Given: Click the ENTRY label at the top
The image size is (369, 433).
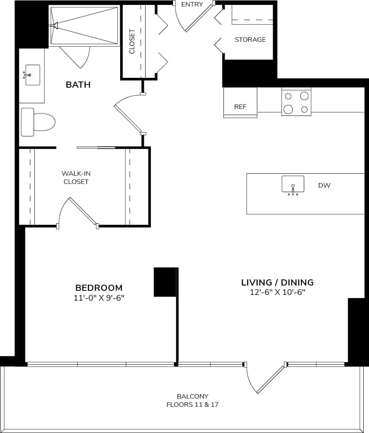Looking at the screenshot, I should pyautogui.click(x=192, y=5).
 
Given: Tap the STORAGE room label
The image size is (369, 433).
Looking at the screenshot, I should pyautogui.click(x=250, y=40).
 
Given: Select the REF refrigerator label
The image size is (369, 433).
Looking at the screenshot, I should pyautogui.click(x=240, y=107).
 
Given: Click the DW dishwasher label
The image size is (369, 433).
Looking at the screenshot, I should pyautogui.click(x=324, y=186).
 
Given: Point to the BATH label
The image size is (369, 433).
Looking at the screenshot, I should pyautogui.click(x=78, y=85).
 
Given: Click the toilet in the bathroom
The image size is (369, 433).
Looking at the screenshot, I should pyautogui.click(x=38, y=122).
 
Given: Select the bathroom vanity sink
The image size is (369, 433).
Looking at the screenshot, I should pyautogui.click(x=32, y=75).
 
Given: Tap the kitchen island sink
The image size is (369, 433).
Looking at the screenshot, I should pyautogui.click(x=293, y=184).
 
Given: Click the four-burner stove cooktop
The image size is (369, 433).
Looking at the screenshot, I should pyautogui.click(x=296, y=102).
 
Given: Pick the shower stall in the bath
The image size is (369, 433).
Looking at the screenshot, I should pyautogui.click(x=84, y=25).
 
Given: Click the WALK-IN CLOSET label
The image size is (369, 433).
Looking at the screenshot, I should pyautogui.click(x=76, y=177).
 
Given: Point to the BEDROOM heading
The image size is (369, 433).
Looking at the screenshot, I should pyautogui.click(x=99, y=288).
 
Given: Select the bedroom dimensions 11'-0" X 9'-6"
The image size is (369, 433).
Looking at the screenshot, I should pyautogui.click(x=99, y=298).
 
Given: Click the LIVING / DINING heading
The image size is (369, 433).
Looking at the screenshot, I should pyautogui.click(x=277, y=282).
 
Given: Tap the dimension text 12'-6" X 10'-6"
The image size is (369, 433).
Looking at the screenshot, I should pyautogui.click(x=277, y=292).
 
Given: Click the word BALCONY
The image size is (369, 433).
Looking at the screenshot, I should pyautogui.click(x=193, y=396).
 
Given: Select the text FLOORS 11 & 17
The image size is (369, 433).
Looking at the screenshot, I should pyautogui.click(x=193, y=405).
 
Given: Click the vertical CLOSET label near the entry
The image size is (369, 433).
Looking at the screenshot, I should pyautogui.click(x=132, y=41).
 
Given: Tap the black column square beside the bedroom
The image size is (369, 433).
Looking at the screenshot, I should pyautogui.click(x=165, y=282).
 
